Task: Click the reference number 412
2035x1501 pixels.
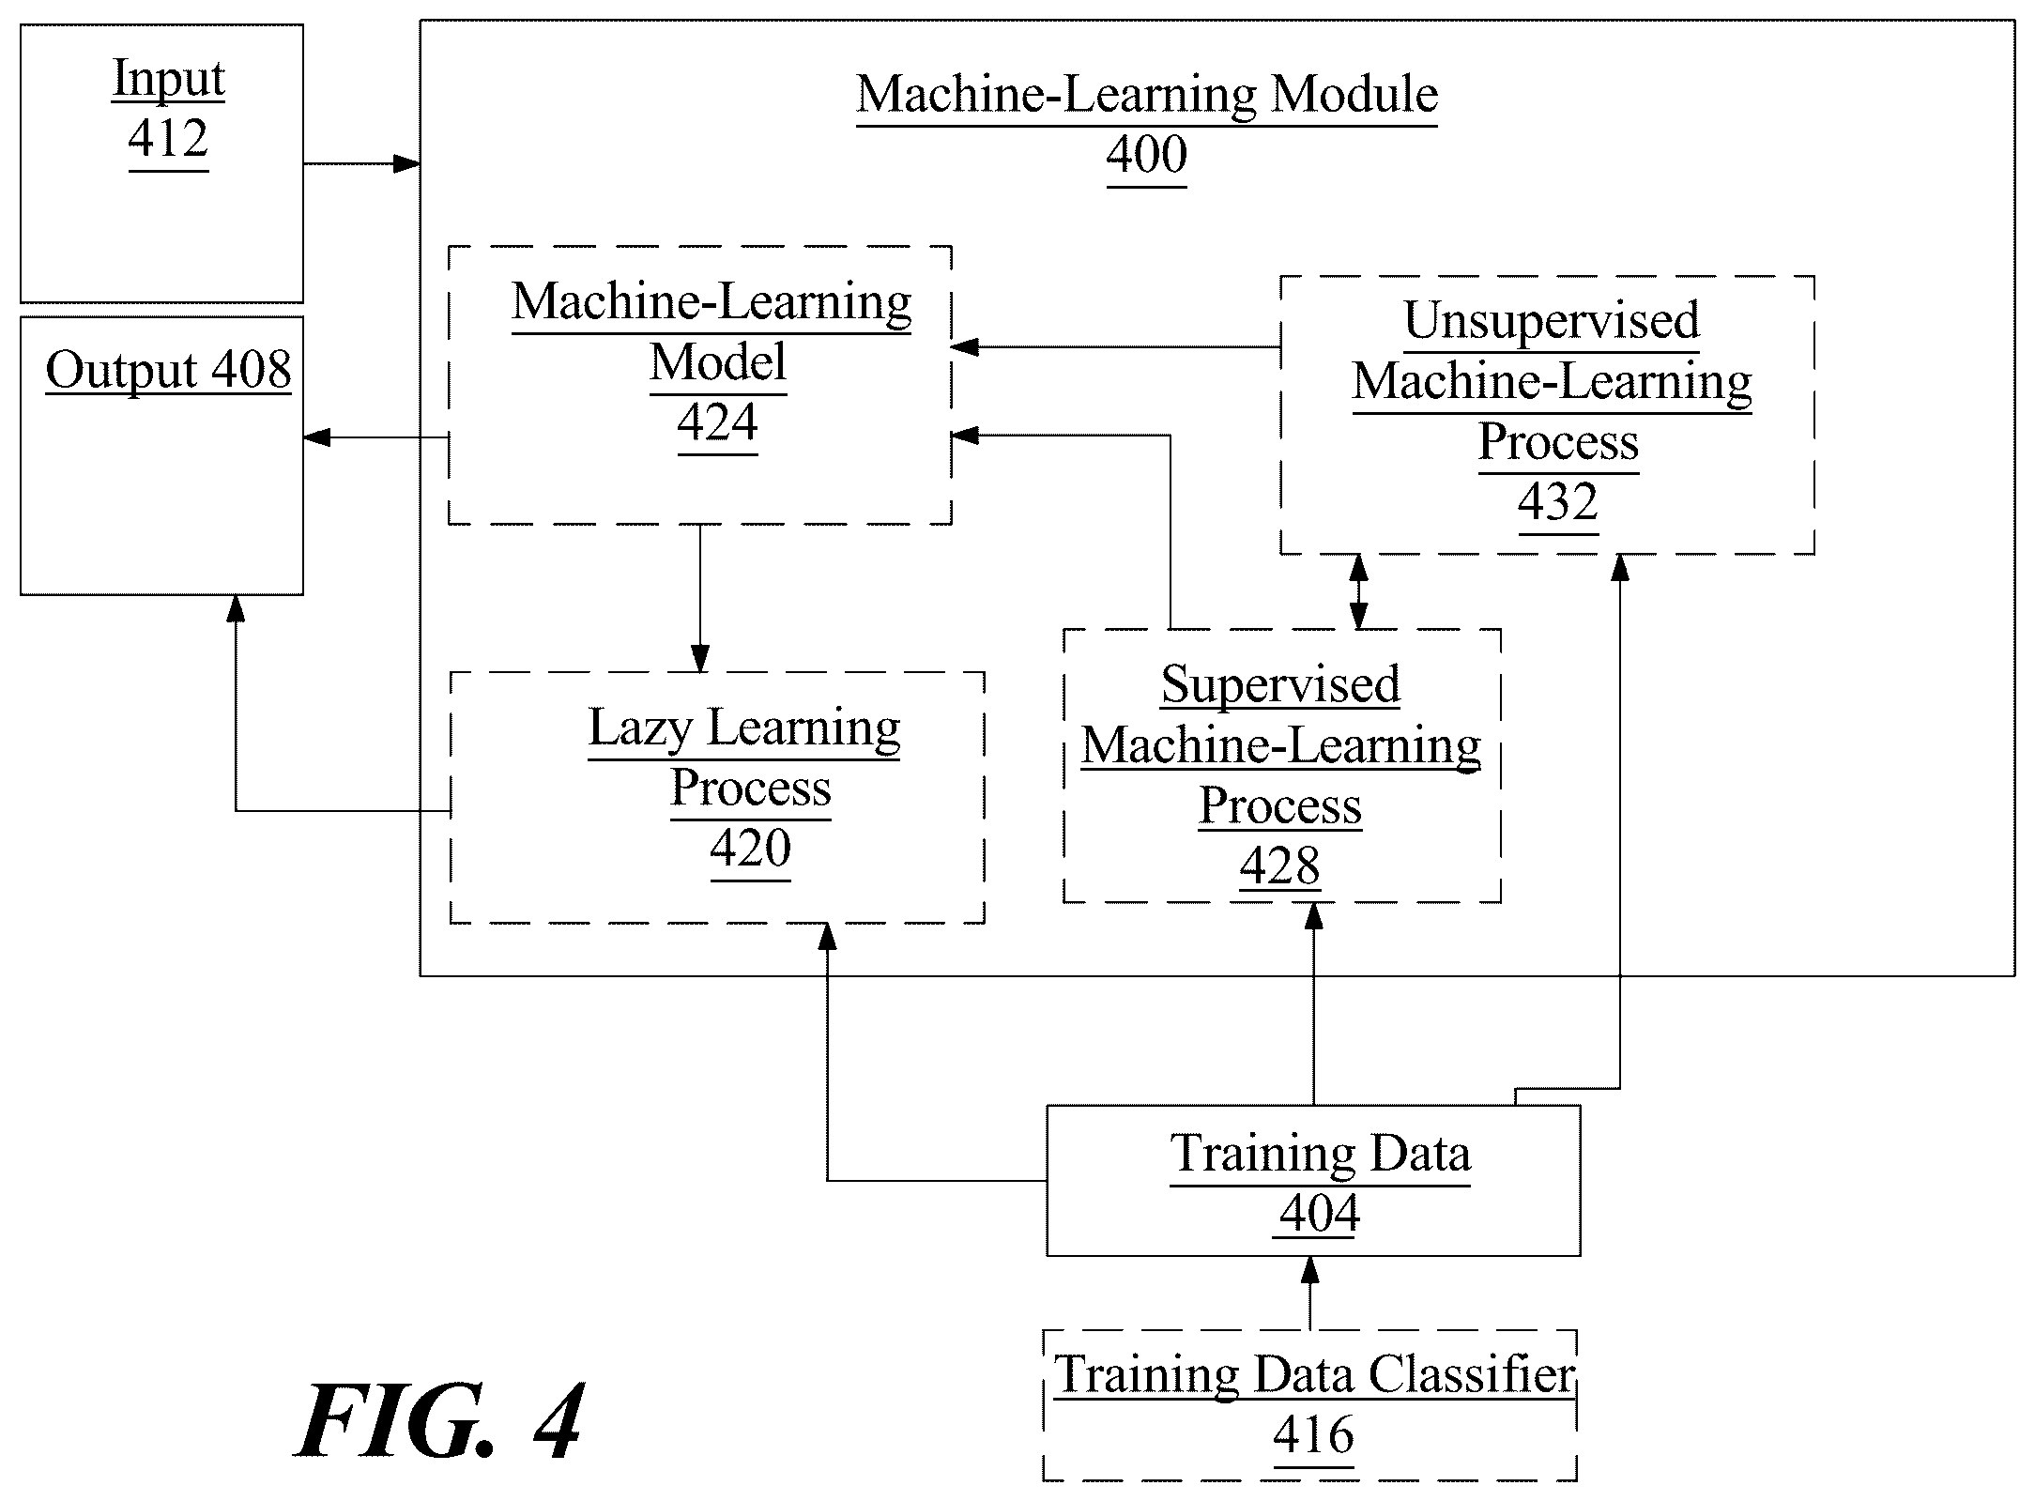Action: pyautogui.click(x=168, y=139)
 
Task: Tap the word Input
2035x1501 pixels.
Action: pyautogui.click(x=169, y=79)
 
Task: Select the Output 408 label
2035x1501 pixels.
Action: pyautogui.click(x=169, y=370)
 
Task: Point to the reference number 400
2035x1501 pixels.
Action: pyautogui.click(x=1146, y=154)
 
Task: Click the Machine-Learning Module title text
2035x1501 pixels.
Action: pyautogui.click(x=1147, y=95)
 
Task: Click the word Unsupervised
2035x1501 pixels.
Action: pyautogui.click(x=1552, y=321)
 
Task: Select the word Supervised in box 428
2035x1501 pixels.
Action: pyautogui.click(x=1280, y=684)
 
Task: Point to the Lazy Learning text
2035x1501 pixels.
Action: pyautogui.click(x=744, y=728)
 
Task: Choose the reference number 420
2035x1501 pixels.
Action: pyautogui.click(x=751, y=849)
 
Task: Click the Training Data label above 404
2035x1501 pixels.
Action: pyautogui.click(x=1321, y=1154)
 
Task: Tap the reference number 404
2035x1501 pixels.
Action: pyautogui.click(x=1320, y=1214)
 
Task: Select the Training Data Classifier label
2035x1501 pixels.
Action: pyautogui.click(x=1314, y=1375)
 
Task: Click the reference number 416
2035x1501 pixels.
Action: pyautogui.click(x=1314, y=1435)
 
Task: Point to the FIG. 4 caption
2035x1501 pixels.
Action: pyautogui.click(x=439, y=1421)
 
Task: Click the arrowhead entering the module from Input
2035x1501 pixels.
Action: pyautogui.click(x=406, y=164)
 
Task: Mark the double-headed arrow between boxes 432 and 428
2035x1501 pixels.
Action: pyautogui.click(x=1357, y=591)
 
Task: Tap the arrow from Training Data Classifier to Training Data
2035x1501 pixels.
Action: pyautogui.click(x=1310, y=1294)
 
